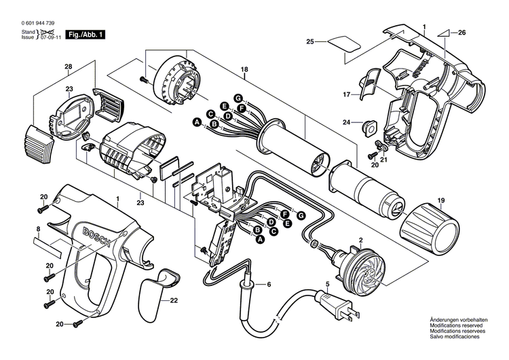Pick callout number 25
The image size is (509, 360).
pyautogui.click(x=310, y=42)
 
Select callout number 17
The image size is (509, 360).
pyautogui.click(x=345, y=94)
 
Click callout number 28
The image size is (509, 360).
pyautogui.click(x=68, y=66)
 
